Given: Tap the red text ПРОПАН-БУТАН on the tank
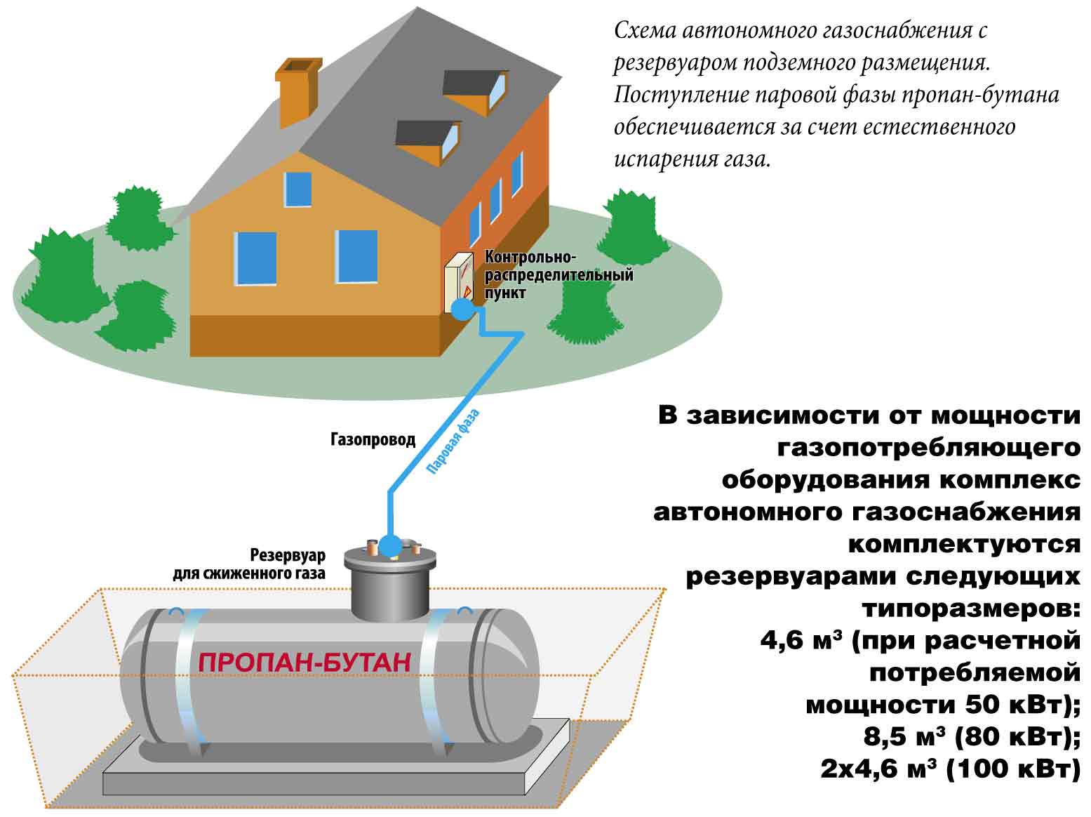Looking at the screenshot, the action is pos(304,663).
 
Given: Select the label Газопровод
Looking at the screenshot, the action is pos(373,439).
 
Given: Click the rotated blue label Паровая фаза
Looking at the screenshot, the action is pos(453,441).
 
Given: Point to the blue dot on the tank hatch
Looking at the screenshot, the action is pos(390,547).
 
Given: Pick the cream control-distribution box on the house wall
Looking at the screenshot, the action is pos(458,282).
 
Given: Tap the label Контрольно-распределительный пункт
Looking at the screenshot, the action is pos(558,274).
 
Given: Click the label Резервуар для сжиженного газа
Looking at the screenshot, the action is pos(250,564).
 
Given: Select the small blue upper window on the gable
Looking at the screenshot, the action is pos(297,190).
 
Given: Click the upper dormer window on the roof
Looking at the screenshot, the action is pos(476,91).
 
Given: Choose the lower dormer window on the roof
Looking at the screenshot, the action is pos(428,140).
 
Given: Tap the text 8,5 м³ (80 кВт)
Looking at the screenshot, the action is pos(972,736).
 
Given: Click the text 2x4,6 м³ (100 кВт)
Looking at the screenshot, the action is pos(951,769).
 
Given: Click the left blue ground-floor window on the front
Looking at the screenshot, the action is pos(255,258).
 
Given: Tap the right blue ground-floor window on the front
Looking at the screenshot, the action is pos(356,257).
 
